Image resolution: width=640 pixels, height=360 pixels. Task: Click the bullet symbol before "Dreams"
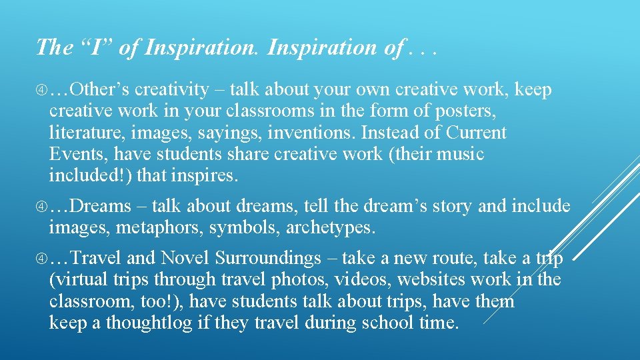pos(41,205)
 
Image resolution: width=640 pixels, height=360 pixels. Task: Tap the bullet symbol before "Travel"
pos(41,258)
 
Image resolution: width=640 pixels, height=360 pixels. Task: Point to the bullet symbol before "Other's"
pos(41,90)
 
